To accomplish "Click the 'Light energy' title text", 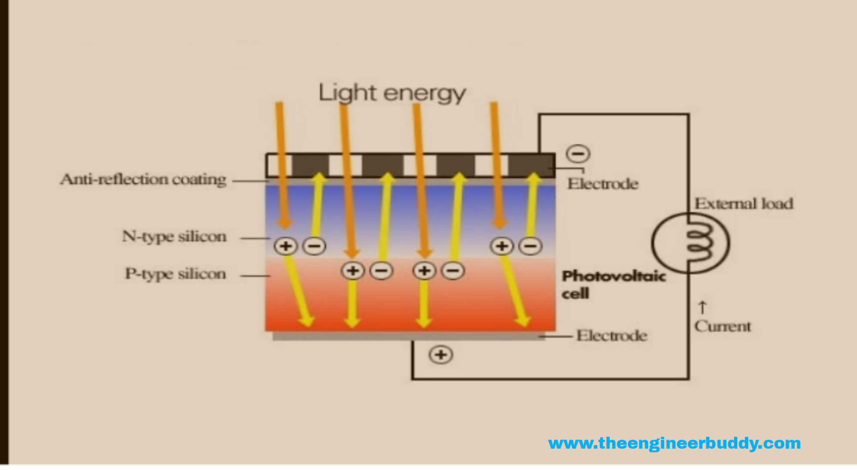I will pyautogui.click(x=392, y=93).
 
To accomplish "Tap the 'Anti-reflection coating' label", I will pyautogui.click(x=143, y=179).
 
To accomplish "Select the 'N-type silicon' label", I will pyautogui.click(x=174, y=237).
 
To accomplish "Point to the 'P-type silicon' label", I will pyautogui.click(x=175, y=274).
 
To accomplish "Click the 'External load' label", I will pyautogui.click(x=743, y=204).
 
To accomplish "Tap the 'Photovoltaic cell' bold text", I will pyautogui.click(x=613, y=284).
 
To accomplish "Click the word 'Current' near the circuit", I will pyautogui.click(x=723, y=326).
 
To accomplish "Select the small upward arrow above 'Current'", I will pyautogui.click(x=702, y=307).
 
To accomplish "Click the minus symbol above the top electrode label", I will pyautogui.click(x=578, y=154).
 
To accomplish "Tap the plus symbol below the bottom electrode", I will pyautogui.click(x=441, y=355).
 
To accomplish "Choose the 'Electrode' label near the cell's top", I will pyautogui.click(x=602, y=184).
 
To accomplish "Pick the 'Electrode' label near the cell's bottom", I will pyautogui.click(x=612, y=336).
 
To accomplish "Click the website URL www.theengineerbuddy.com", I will pyautogui.click(x=674, y=443).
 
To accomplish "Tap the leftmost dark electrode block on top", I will pyautogui.click(x=310, y=165).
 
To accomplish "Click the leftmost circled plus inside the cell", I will pyautogui.click(x=286, y=246).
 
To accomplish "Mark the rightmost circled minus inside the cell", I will pyautogui.click(x=531, y=246).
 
